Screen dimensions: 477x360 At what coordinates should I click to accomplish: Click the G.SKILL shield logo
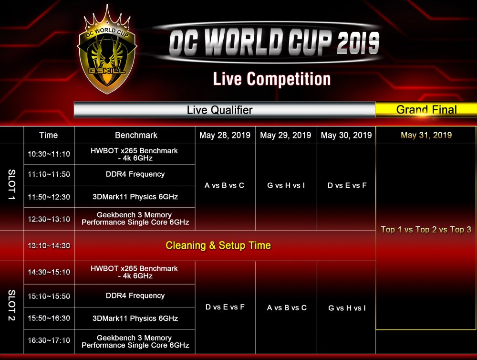[x=106, y=52]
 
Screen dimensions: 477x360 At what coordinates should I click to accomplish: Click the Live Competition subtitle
[x=272, y=79]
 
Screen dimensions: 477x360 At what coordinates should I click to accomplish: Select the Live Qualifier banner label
[x=219, y=110]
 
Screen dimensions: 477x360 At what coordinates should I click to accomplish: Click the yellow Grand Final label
[x=426, y=110]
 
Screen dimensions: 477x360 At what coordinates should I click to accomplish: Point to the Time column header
[x=48, y=135]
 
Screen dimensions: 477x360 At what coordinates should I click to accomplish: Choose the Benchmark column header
[x=136, y=135]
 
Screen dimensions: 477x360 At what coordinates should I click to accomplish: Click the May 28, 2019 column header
[x=225, y=135]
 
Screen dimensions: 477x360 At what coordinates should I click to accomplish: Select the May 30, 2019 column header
[x=346, y=135]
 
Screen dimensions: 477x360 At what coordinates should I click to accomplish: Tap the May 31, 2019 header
[x=426, y=135]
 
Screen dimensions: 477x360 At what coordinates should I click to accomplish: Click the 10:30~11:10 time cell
[x=49, y=154]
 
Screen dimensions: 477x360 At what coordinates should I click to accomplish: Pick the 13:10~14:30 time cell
[x=49, y=245]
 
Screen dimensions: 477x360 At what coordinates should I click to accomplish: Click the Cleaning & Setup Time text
[x=218, y=245]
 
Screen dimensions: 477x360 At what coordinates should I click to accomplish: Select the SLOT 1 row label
[x=11, y=185]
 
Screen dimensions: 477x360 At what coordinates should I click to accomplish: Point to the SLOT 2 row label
[x=11, y=305]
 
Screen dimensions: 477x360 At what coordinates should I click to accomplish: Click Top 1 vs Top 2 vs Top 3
[x=426, y=230]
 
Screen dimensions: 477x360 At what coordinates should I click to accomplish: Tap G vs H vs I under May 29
[x=286, y=185]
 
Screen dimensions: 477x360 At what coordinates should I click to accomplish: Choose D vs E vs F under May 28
[x=225, y=307]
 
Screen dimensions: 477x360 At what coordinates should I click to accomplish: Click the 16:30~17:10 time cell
[x=49, y=340]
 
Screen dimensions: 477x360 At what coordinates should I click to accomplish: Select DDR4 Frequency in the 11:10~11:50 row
[x=135, y=174]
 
